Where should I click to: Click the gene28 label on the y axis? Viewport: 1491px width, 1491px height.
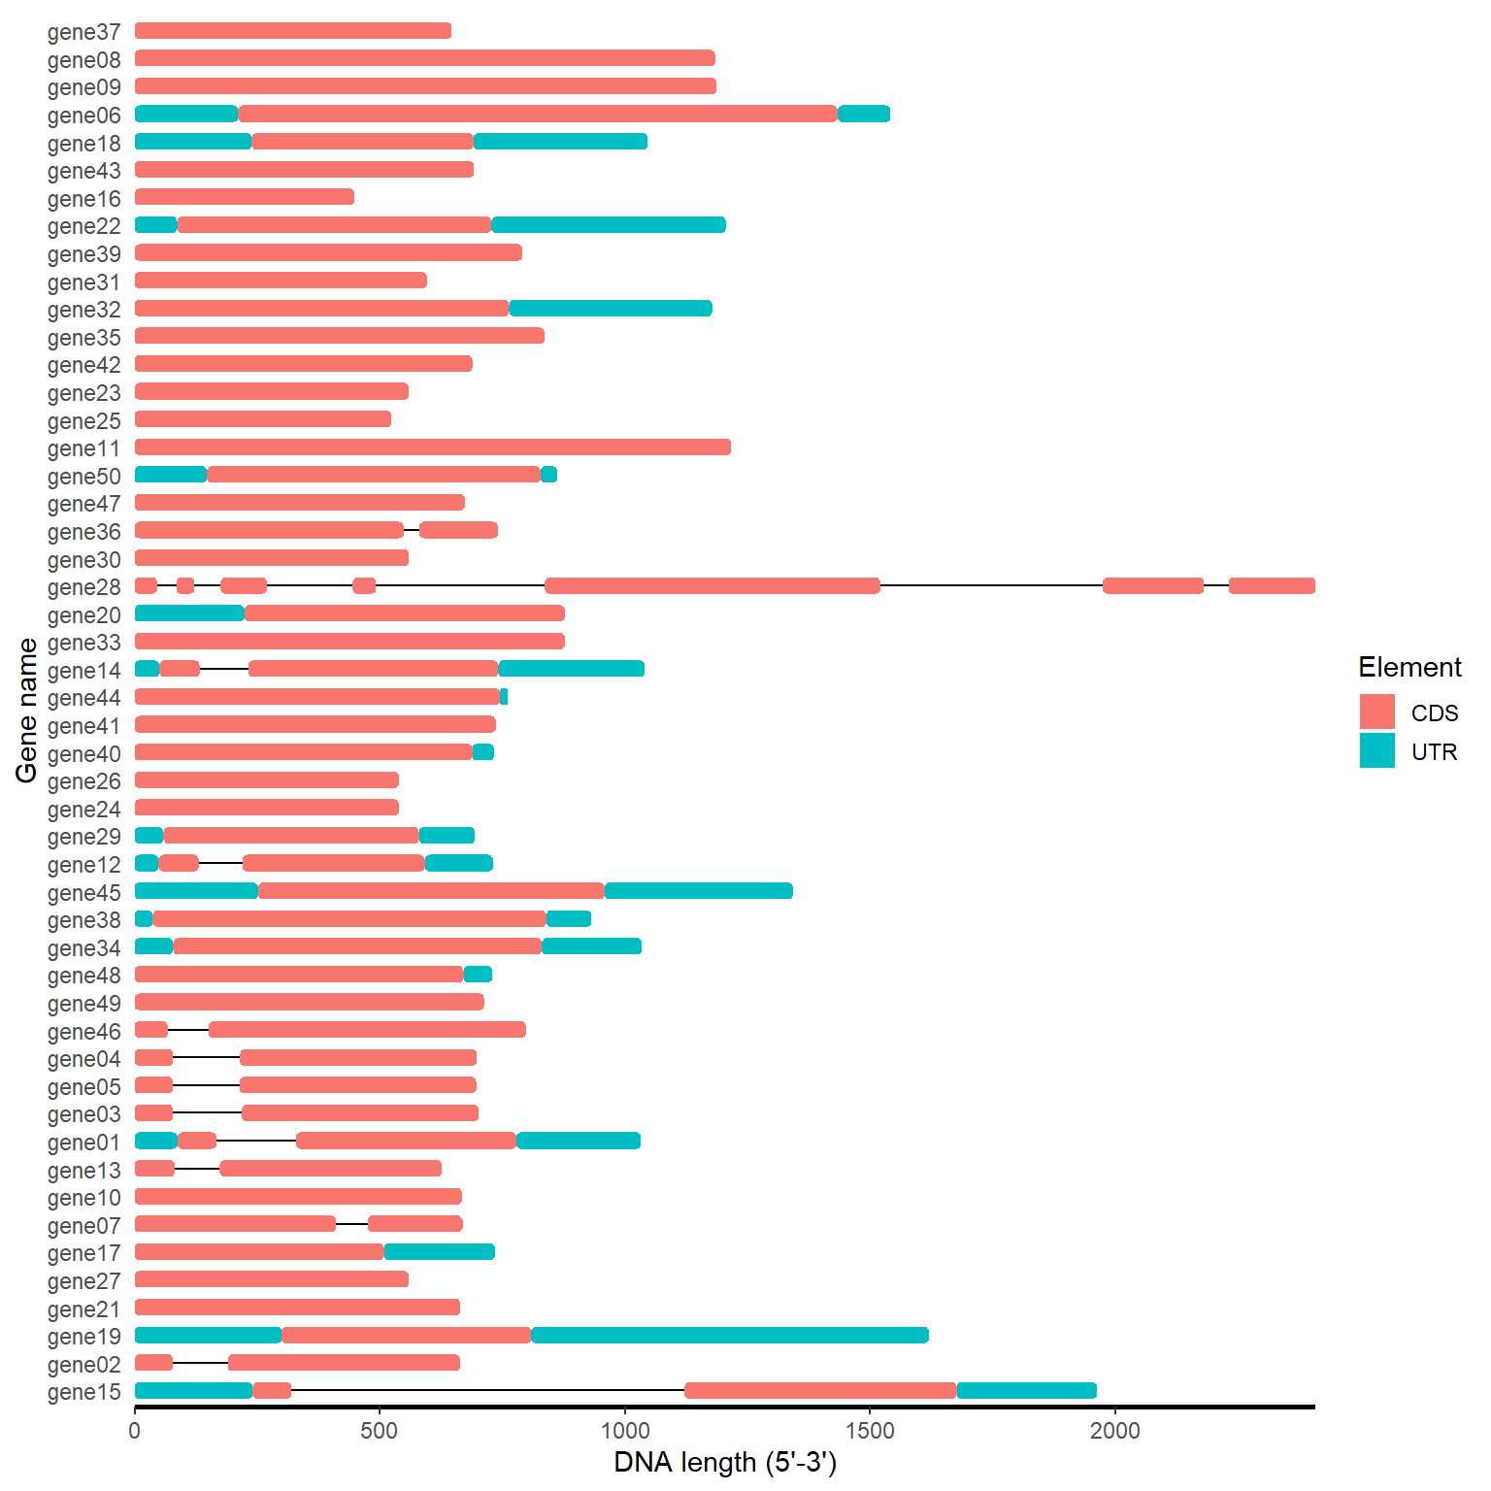tap(83, 587)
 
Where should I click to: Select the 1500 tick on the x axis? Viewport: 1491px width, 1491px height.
tap(870, 1431)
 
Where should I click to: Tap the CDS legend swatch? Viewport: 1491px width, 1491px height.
tap(1376, 712)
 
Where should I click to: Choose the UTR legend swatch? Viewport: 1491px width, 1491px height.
tap(1376, 750)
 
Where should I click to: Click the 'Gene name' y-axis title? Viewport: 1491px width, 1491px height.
tap(26, 710)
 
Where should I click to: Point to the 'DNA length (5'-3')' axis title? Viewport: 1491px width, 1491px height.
tap(724, 1462)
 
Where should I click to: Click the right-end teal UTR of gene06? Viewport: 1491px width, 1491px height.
tap(864, 114)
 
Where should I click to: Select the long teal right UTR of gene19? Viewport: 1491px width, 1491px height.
tap(730, 1335)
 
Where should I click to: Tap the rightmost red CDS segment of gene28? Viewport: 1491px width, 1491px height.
tap(1272, 585)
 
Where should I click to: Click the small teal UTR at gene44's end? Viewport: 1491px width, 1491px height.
tap(504, 696)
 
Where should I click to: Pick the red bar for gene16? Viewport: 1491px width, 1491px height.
tap(245, 197)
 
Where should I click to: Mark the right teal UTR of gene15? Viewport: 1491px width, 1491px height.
tap(1026, 1390)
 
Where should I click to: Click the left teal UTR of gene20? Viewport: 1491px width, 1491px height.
tap(189, 613)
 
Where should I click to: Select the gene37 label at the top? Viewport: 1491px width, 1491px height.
tap(83, 32)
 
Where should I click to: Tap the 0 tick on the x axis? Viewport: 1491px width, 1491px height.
tap(135, 1431)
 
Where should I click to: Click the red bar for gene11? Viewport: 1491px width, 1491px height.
tap(433, 447)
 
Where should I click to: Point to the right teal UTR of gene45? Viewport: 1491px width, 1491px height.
tap(699, 891)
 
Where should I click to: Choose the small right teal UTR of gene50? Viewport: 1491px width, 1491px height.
tap(549, 475)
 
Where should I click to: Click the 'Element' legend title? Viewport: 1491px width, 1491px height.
tap(1409, 667)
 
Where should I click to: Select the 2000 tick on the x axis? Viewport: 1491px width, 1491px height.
tap(1114, 1431)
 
